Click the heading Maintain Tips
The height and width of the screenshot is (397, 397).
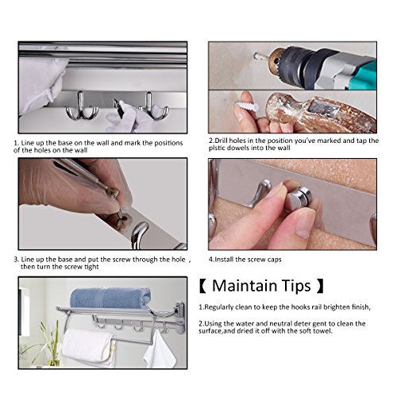[x=261, y=286]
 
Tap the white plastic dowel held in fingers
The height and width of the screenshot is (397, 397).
[x=246, y=106]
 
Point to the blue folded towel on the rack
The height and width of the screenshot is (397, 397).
[x=110, y=298]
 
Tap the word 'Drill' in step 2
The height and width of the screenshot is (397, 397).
[x=222, y=141]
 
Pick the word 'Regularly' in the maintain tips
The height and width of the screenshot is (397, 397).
[x=219, y=307]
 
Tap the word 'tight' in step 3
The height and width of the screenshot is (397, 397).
[x=91, y=267]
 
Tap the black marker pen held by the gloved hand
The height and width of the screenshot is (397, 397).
[x=119, y=107]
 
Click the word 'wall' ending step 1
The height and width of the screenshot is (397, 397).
[x=80, y=150]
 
